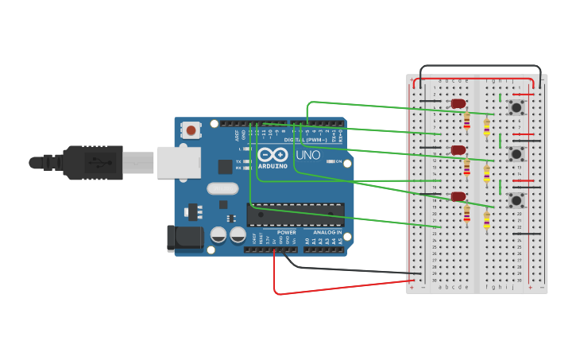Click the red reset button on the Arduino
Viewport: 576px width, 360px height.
(191, 130)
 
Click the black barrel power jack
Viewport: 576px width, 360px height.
(181, 238)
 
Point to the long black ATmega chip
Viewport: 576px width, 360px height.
(296, 214)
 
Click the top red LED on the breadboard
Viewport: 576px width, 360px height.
(458, 103)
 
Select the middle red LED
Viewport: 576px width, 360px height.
(458, 149)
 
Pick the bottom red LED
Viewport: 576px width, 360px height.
(458, 195)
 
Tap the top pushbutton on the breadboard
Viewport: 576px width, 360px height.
(517, 106)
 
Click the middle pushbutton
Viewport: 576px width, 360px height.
(517, 153)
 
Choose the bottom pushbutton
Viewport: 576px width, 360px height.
(517, 199)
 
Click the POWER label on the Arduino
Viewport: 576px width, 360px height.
(287, 232)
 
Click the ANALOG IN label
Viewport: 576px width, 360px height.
(327, 232)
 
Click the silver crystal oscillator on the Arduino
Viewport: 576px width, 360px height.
(222, 188)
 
